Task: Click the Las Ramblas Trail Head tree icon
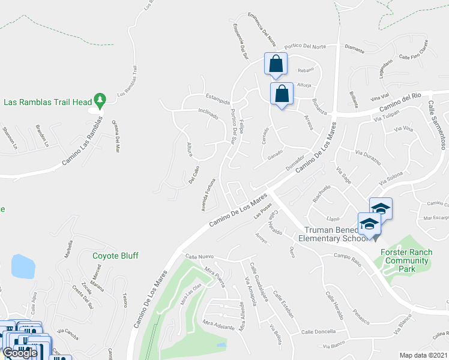[x=101, y=98]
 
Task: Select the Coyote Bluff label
[x=115, y=256]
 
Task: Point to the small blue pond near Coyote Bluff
[x=22, y=266]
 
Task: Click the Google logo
[x=20, y=353]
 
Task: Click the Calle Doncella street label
[x=318, y=332]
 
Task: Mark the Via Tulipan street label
[x=387, y=116]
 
